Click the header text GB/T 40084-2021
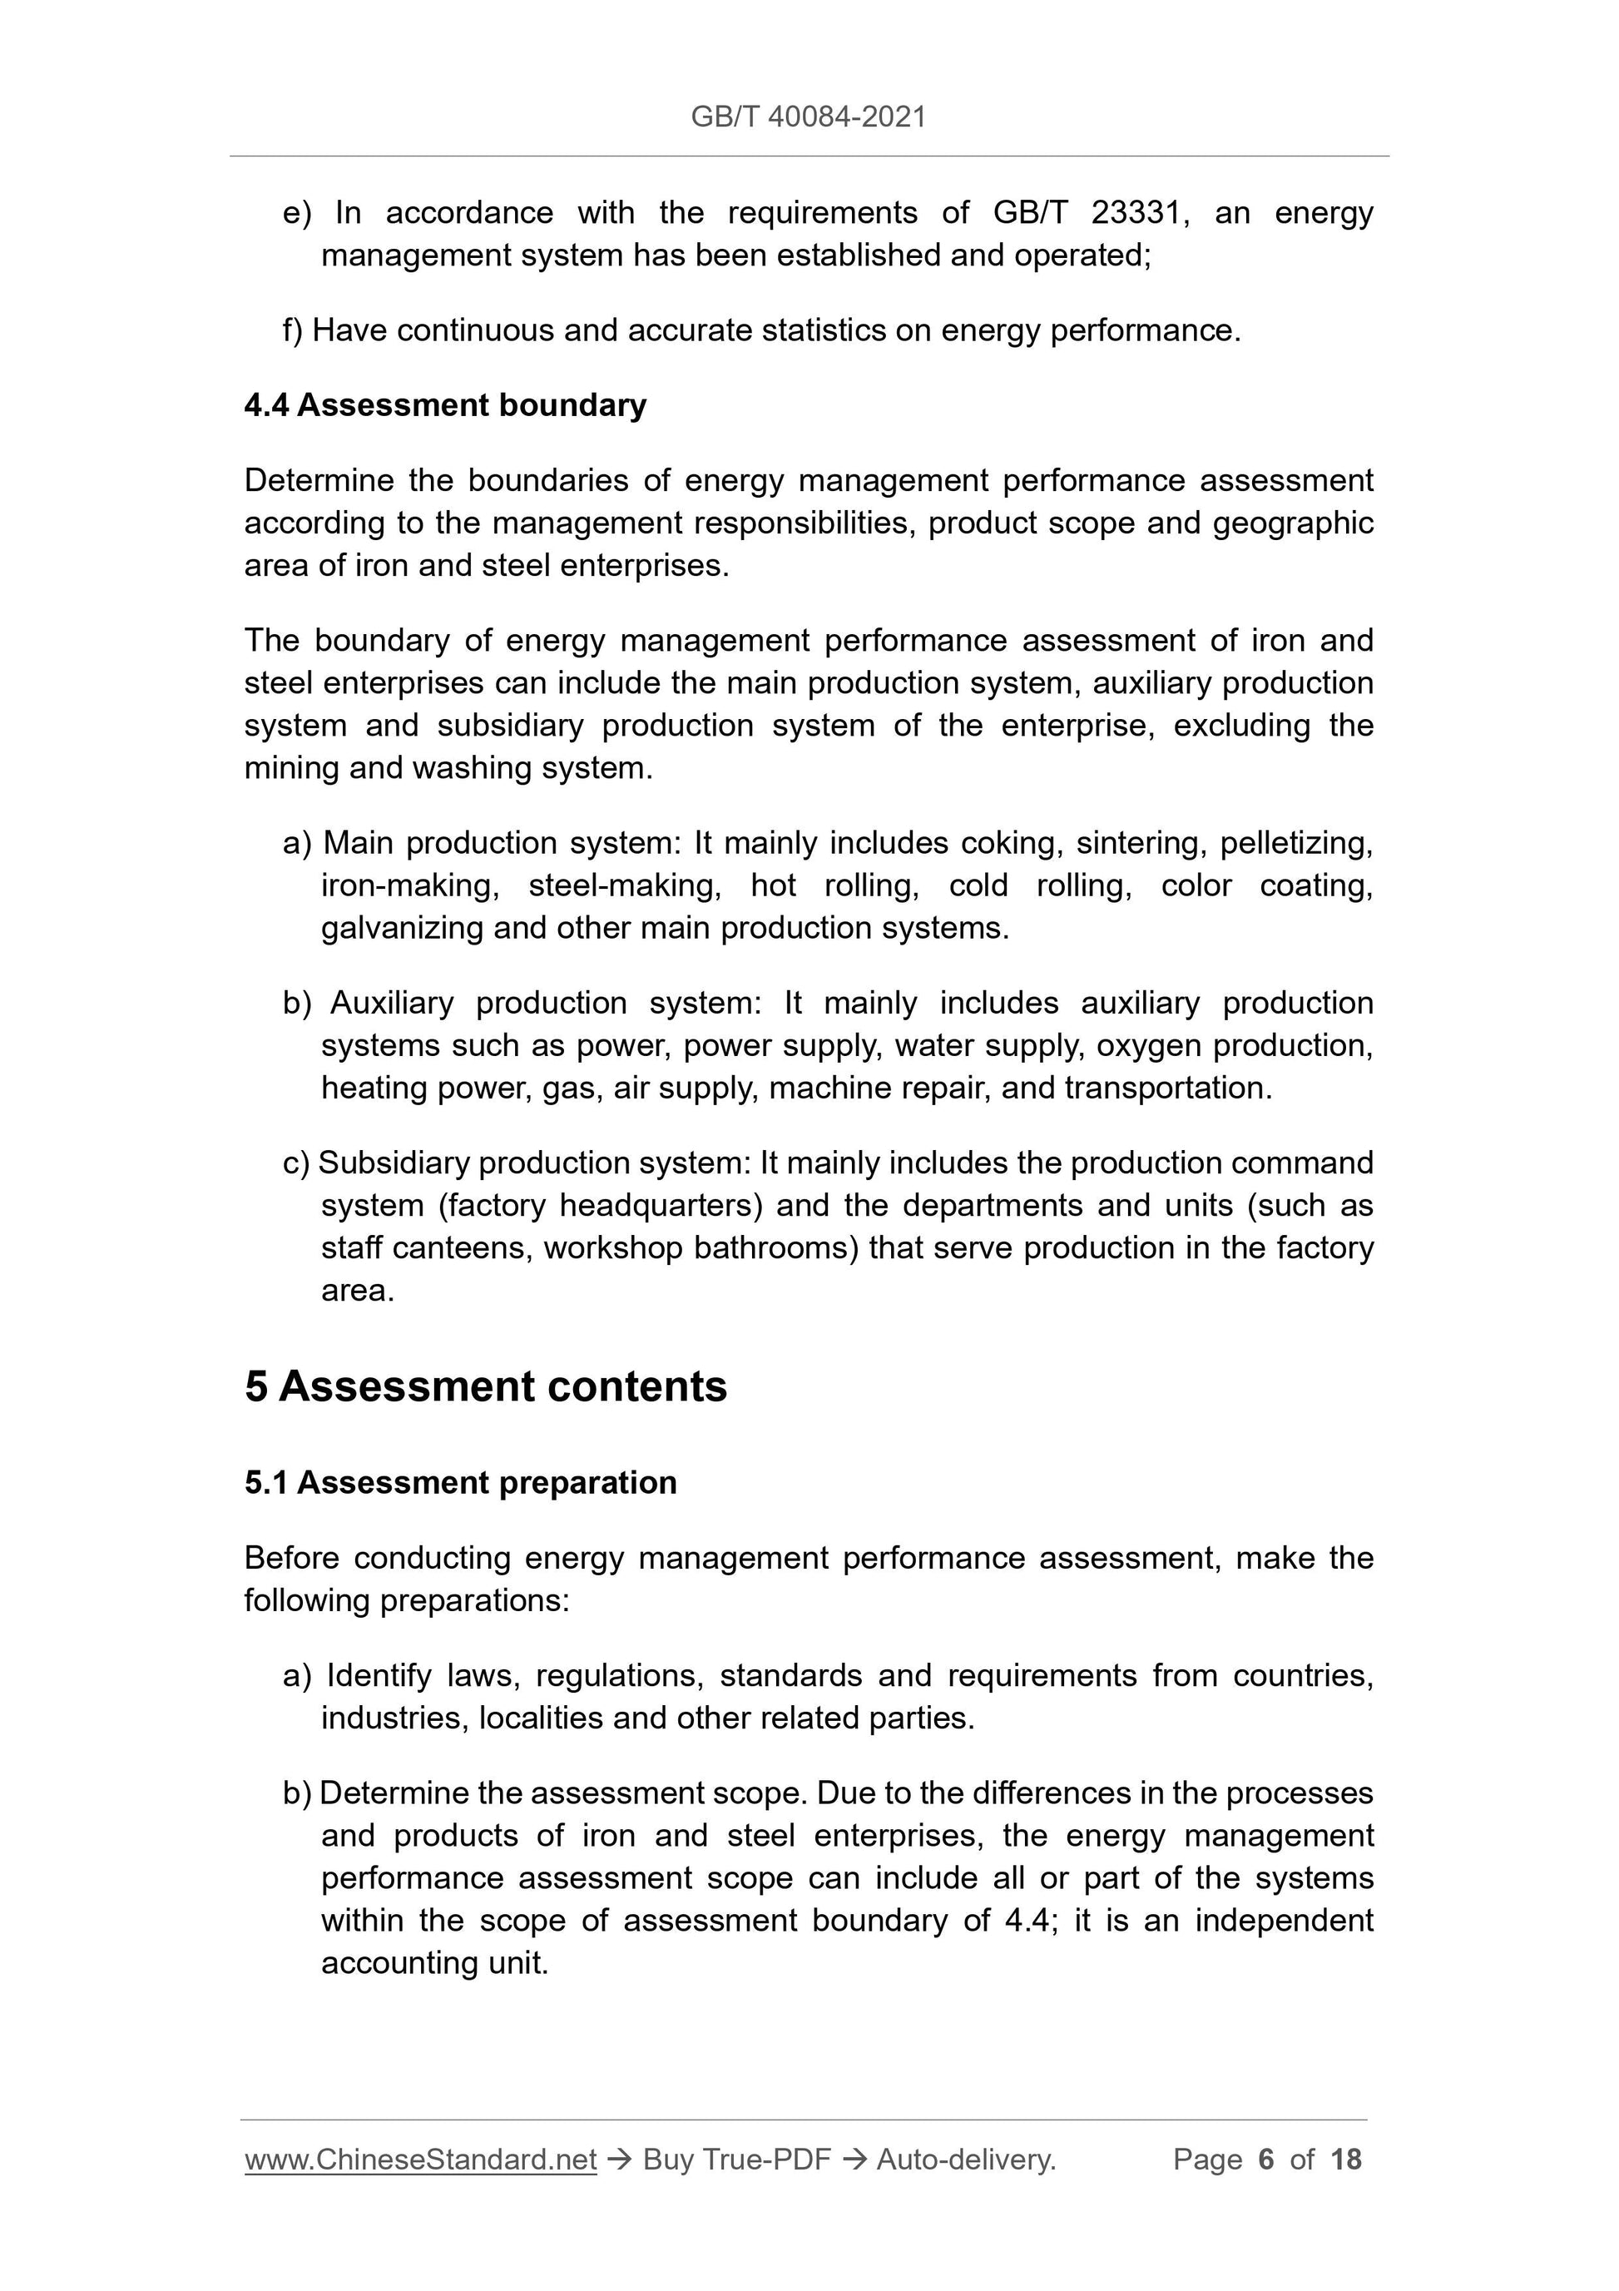[808, 117]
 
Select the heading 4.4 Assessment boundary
[445, 405]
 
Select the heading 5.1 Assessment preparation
[460, 1483]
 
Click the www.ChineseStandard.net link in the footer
[420, 2160]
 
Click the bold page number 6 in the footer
[1266, 2160]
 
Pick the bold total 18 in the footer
[1345, 2160]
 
